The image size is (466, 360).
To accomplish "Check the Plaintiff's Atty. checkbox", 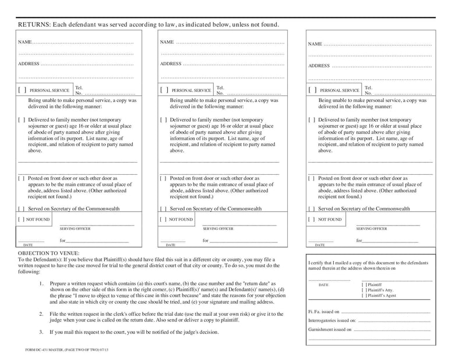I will point(364,290).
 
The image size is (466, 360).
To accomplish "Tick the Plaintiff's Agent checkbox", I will point(364,295).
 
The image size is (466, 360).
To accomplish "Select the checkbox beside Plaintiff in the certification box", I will point(364,284).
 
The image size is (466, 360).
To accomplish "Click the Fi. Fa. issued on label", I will point(322,312).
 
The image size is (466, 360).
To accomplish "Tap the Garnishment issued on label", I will point(330,329).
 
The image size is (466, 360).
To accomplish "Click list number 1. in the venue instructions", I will point(41,283).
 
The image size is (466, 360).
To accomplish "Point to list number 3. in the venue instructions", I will point(41,332).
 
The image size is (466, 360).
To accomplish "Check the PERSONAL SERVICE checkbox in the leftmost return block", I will point(22,90).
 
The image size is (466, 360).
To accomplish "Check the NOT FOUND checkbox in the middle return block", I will point(163,220).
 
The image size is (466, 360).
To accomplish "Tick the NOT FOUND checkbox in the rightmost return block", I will point(311,220).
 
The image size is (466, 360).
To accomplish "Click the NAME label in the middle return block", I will point(167,43).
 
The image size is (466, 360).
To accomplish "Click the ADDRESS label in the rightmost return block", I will point(319,66).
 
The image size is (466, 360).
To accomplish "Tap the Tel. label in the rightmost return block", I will point(368,88).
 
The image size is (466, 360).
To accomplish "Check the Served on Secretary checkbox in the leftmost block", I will point(21,209).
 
